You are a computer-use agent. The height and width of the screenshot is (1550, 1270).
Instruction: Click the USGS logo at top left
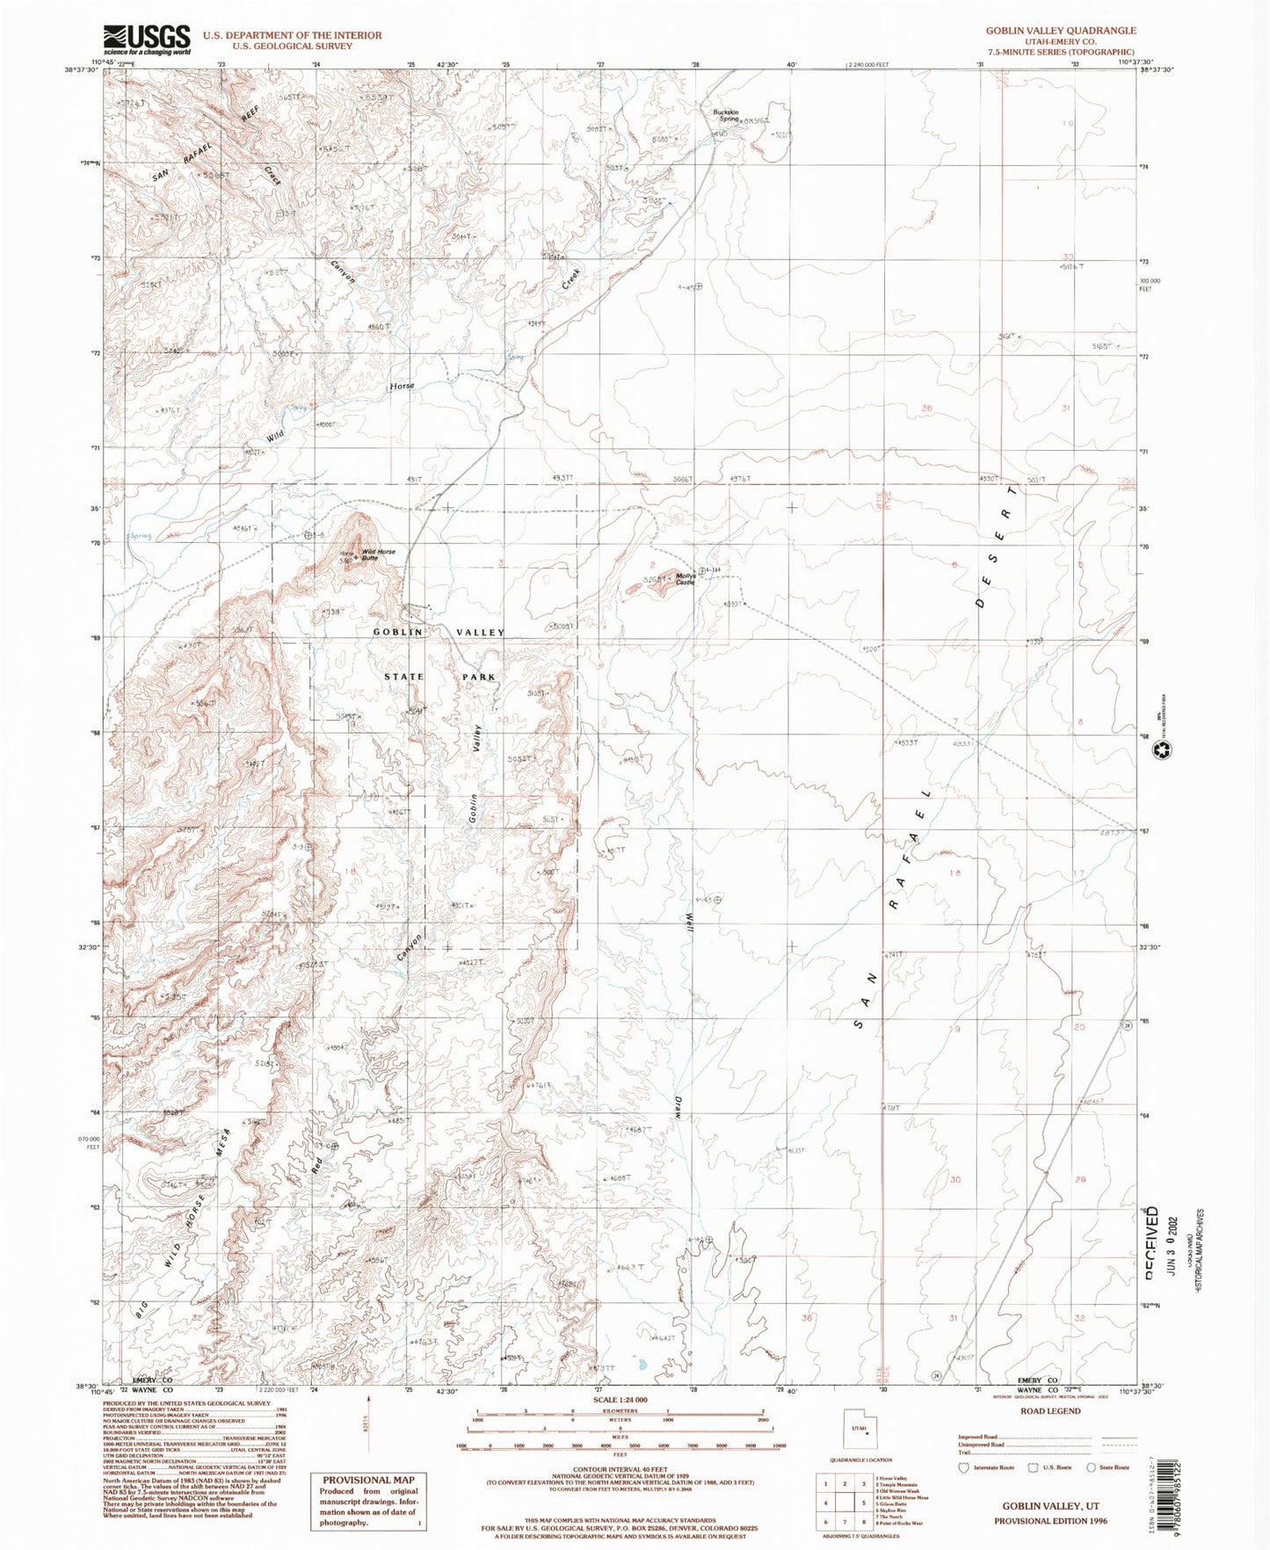click(x=147, y=40)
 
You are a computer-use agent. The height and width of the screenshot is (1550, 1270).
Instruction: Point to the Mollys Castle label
click(x=686, y=579)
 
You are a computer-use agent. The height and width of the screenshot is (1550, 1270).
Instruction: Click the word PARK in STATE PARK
click(x=478, y=677)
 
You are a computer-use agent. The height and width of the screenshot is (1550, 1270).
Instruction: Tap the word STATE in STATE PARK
click(x=404, y=677)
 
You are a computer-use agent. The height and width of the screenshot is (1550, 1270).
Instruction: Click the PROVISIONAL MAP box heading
click(x=367, y=1480)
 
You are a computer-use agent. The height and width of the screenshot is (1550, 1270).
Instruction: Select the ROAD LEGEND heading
click(x=1050, y=1411)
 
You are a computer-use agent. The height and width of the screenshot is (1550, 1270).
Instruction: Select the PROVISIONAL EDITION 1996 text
click(x=1050, y=1520)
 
